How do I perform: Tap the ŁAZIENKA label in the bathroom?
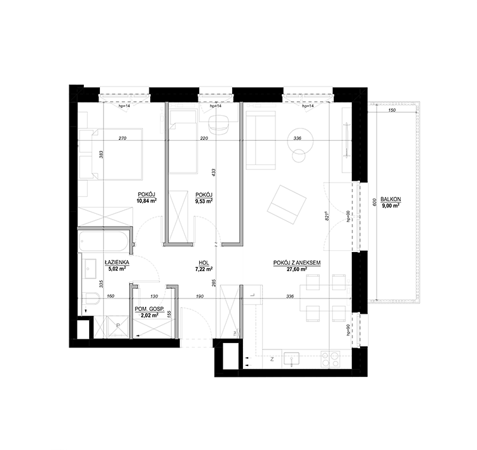tap(118, 262)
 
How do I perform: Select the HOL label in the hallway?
tap(204, 262)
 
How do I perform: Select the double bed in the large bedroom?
tap(114, 153)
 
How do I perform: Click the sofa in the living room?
tap(261, 140)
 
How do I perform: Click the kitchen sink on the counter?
tap(293, 360)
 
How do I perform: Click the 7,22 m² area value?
tap(204, 269)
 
